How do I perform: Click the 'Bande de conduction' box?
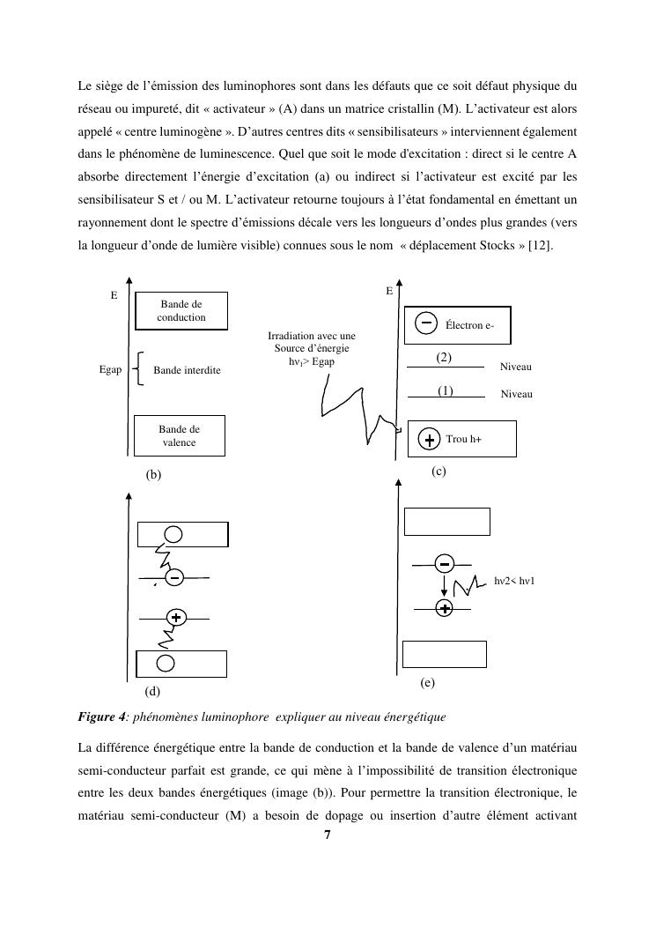tap(181, 311)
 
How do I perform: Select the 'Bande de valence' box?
tap(179, 436)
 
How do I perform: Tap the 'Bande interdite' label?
tap(187, 370)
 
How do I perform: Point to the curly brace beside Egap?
tap(141, 368)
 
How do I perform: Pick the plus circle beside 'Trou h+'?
tap(429, 439)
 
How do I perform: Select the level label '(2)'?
tap(444, 358)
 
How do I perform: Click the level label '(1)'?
tap(446, 390)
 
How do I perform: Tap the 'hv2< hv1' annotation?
tap(514, 581)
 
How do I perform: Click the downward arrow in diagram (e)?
tap(446, 585)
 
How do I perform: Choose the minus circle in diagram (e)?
tap(446, 563)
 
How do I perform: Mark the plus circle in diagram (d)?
tap(176, 617)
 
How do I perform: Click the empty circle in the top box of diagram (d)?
tap(173, 534)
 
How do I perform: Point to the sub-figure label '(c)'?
tap(439, 471)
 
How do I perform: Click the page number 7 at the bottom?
tap(328, 835)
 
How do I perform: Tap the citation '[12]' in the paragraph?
tap(541, 245)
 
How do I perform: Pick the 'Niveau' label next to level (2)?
tap(516, 367)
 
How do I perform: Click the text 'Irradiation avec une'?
tap(311, 336)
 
